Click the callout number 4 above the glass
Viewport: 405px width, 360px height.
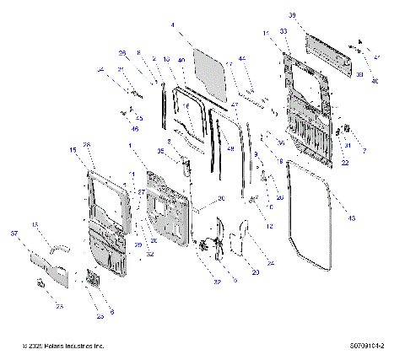[173, 26]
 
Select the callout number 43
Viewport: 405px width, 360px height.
[352, 219]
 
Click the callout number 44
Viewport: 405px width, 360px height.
[241, 58]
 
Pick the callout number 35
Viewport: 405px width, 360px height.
[159, 151]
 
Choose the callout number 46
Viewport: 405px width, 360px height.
[135, 128]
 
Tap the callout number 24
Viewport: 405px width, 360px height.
[272, 264]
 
